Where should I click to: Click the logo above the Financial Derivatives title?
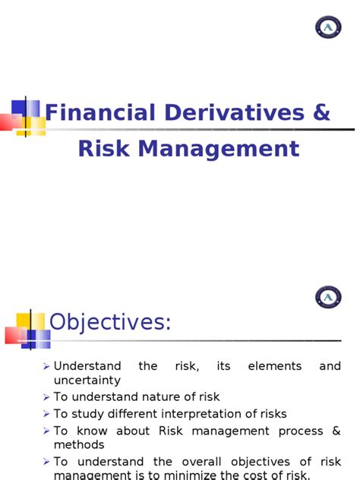(x=328, y=27)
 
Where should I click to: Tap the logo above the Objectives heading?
(x=328, y=296)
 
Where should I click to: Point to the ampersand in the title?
(x=322, y=113)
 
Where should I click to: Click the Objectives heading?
(x=111, y=323)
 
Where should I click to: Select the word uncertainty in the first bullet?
(x=87, y=380)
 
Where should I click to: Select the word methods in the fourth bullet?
(x=79, y=444)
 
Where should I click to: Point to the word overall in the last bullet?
(x=201, y=462)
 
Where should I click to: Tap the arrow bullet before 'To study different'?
(x=47, y=415)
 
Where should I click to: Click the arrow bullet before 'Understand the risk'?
(x=47, y=367)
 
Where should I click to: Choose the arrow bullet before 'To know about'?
(x=47, y=431)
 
